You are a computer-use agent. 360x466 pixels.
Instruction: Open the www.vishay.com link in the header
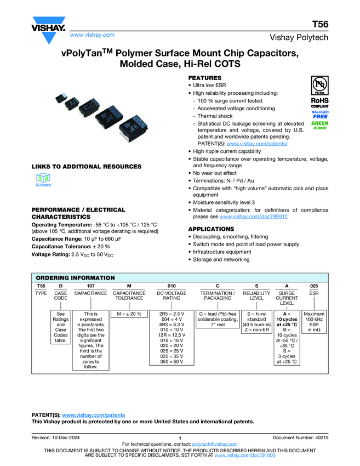click(92, 35)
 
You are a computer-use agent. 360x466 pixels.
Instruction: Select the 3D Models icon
click(44, 179)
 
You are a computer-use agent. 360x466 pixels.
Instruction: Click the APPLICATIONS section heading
click(211, 229)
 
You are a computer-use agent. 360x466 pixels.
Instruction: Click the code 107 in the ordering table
click(90, 286)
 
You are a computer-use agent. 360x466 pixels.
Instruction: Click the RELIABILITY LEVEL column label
click(256, 295)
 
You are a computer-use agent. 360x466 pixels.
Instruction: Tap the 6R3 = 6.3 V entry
click(172, 324)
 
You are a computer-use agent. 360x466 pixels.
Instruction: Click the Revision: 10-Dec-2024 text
click(58, 436)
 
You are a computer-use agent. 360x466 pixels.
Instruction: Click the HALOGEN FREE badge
click(320, 113)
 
